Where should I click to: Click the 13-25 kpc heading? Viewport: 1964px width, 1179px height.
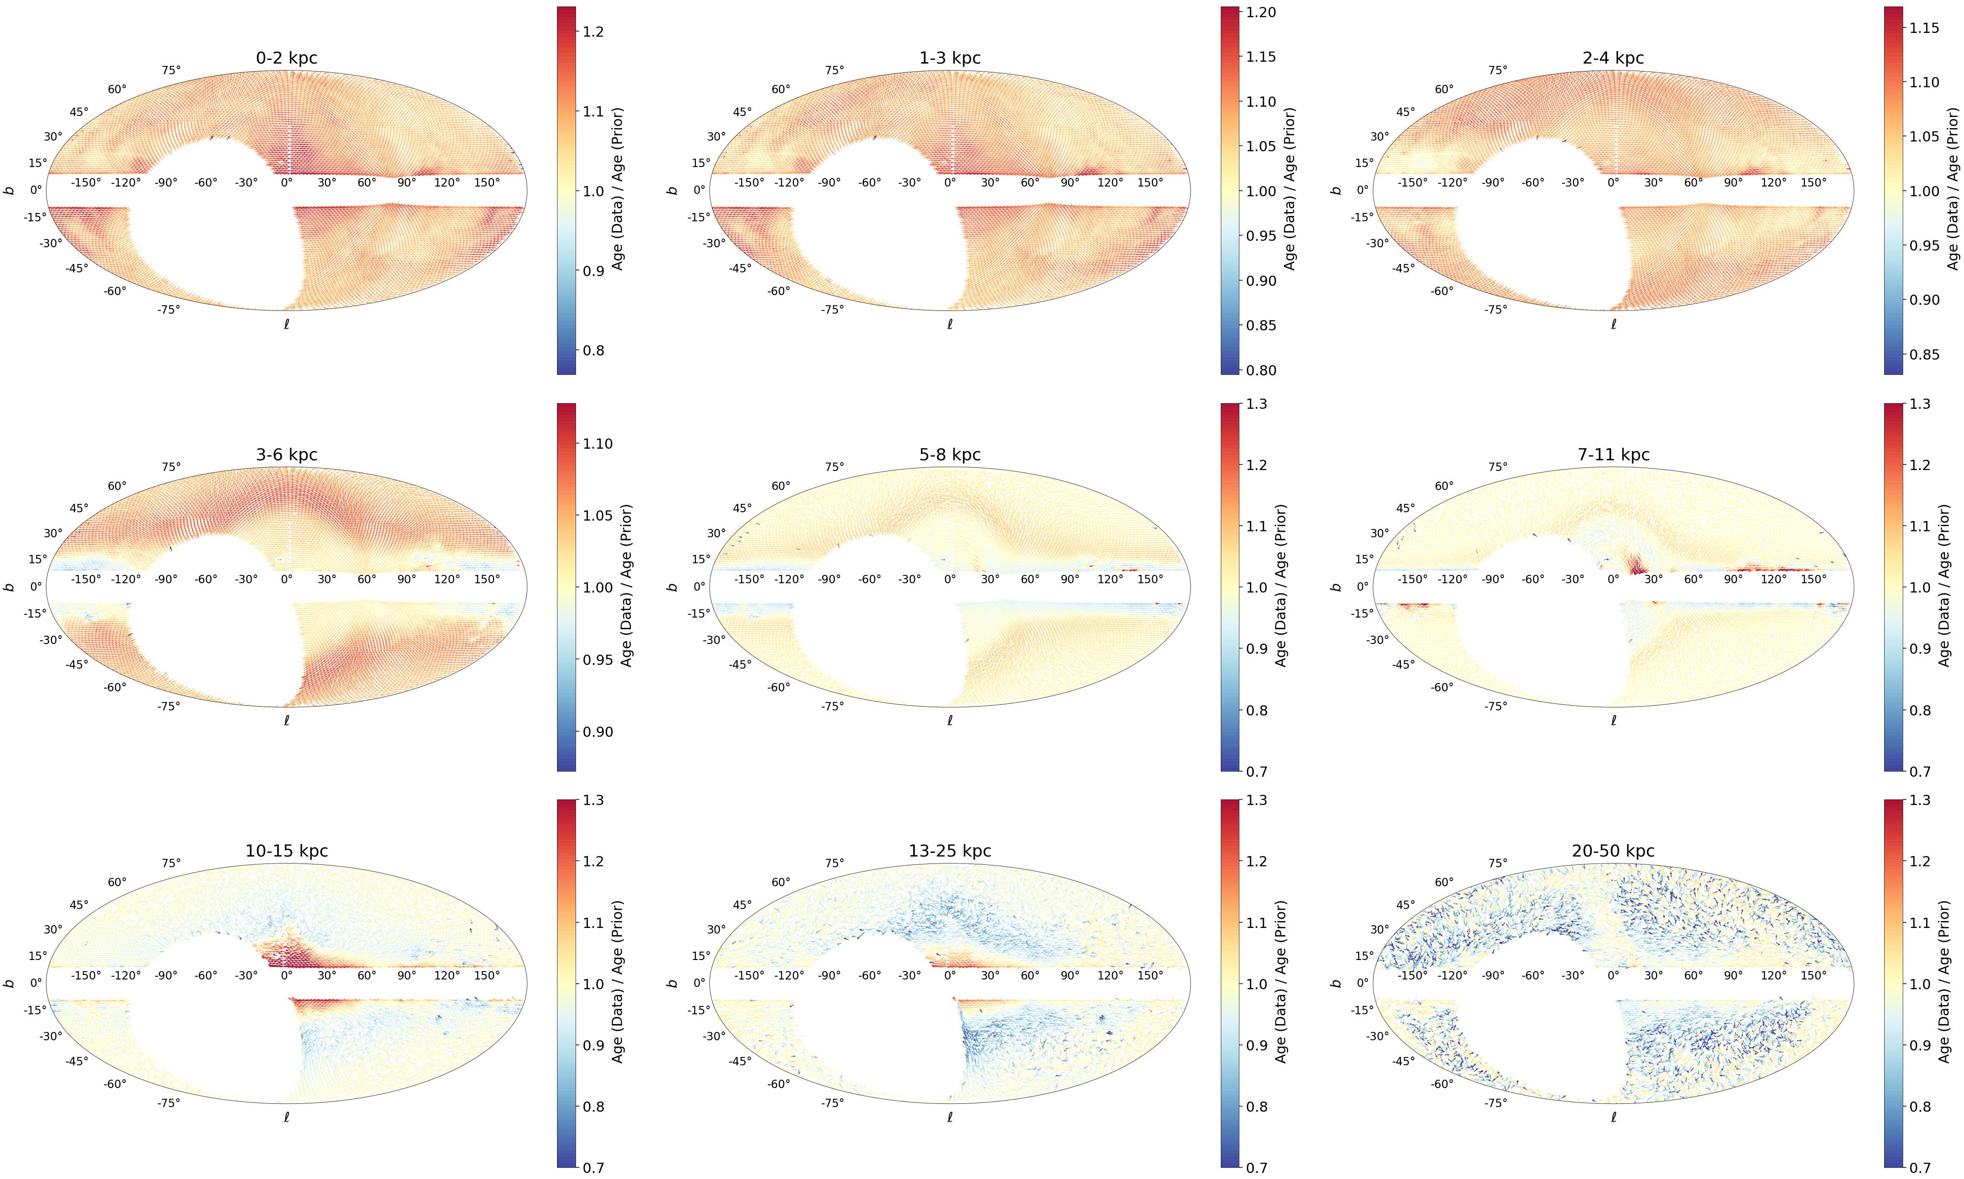coord(950,851)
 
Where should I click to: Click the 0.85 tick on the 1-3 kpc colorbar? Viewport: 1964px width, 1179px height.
coord(1261,325)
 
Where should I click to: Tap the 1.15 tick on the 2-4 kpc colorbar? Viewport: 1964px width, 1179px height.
coord(1924,28)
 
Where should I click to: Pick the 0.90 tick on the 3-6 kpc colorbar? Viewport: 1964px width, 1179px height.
coord(598,732)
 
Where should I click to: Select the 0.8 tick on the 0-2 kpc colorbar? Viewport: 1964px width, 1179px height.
coord(593,350)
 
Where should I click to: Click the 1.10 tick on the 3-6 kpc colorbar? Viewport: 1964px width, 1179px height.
coord(598,443)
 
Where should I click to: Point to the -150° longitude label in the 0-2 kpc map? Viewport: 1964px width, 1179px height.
coord(86,183)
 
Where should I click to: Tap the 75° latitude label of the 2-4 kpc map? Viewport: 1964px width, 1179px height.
coord(1497,70)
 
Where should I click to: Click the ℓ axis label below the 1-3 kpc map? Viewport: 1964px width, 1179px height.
coord(950,324)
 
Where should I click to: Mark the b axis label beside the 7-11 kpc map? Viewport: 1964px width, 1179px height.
coord(1336,587)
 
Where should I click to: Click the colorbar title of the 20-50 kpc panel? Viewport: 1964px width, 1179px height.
coord(1944,982)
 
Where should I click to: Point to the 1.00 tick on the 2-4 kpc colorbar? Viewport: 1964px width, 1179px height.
coord(1924,191)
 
